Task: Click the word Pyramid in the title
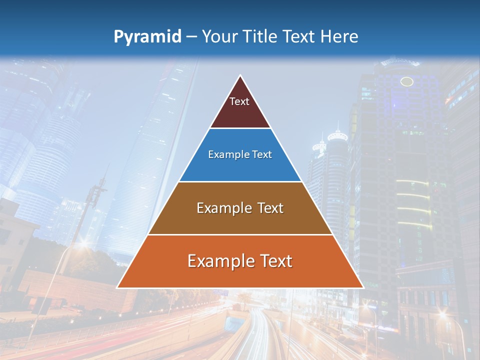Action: pyautogui.click(x=147, y=37)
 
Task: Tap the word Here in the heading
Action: pyautogui.click(x=339, y=36)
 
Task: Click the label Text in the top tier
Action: pyautogui.click(x=239, y=101)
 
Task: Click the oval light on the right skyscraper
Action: pyautogui.click(x=407, y=81)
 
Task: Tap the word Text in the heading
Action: pyautogui.click(x=299, y=36)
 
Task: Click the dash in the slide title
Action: pyautogui.click(x=191, y=37)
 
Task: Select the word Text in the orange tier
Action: pyautogui.click(x=274, y=261)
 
